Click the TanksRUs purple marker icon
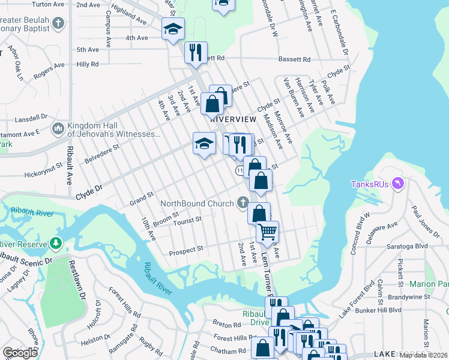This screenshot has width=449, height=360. point(397,182)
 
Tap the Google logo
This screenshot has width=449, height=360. point(20,353)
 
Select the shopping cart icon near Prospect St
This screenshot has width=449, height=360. point(267,230)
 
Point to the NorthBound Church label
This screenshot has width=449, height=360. point(197,203)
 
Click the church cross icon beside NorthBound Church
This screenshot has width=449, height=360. point(243,202)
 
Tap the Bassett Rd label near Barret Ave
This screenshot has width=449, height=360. point(294,59)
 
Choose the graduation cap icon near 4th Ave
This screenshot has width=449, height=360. point(173,28)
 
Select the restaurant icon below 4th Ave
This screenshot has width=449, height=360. point(195,52)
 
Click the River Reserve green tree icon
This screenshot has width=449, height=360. point(56,243)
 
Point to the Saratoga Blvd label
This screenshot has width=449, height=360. point(411,246)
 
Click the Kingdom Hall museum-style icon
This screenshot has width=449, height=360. point(58,128)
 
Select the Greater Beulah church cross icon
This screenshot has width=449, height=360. point(58,23)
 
